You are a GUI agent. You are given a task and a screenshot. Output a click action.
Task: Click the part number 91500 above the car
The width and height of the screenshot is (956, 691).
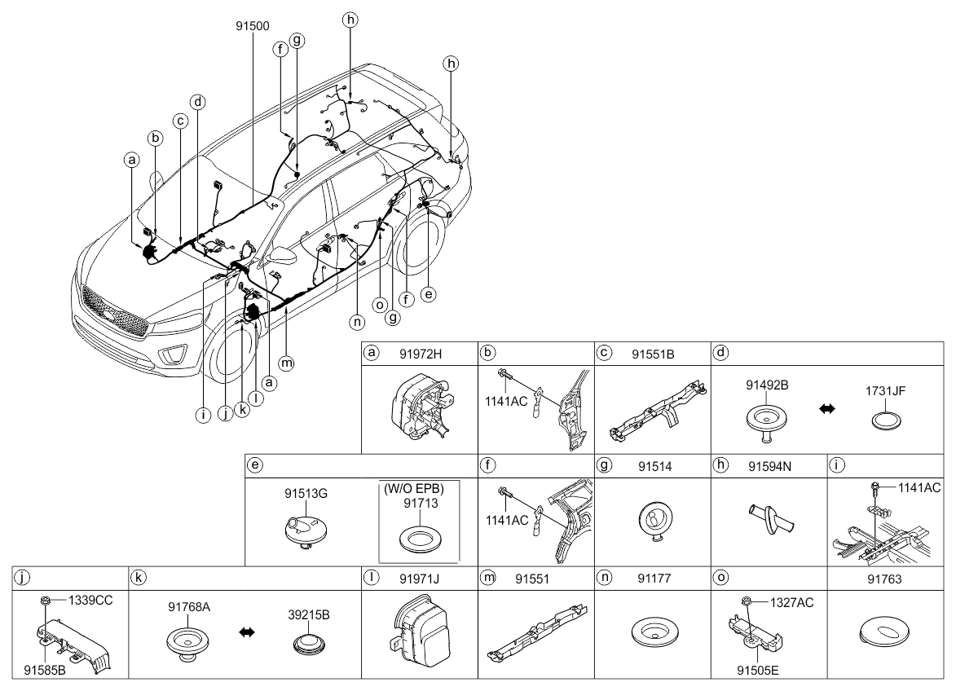pyautogui.click(x=253, y=26)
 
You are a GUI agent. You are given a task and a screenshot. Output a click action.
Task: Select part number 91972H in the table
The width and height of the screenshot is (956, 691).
pyautogui.click(x=421, y=354)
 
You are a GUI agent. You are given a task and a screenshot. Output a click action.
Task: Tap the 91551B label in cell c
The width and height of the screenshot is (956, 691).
pyautogui.click(x=653, y=354)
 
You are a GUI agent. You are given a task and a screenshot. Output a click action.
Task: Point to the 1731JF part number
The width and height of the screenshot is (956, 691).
pyautogui.click(x=885, y=390)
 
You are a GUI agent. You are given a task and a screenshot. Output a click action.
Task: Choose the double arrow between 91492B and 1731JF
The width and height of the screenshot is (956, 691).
pyautogui.click(x=826, y=409)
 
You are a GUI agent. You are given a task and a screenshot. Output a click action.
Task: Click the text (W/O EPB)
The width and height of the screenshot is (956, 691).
pyautogui.click(x=413, y=489)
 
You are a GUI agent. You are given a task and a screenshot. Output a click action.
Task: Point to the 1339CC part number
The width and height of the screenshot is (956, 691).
pyautogui.click(x=90, y=601)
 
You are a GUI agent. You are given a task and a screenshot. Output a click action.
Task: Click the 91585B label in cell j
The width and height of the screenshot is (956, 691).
pyautogui.click(x=45, y=671)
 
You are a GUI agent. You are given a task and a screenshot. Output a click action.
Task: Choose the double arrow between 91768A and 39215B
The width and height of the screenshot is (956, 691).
pyautogui.click(x=246, y=632)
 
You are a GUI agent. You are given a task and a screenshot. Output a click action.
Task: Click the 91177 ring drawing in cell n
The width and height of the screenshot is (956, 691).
pyautogui.click(x=654, y=632)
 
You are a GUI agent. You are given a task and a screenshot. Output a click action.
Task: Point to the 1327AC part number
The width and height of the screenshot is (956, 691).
pyautogui.click(x=791, y=603)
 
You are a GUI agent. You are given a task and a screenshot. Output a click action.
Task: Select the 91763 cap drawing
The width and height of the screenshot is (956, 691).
pyautogui.click(x=884, y=632)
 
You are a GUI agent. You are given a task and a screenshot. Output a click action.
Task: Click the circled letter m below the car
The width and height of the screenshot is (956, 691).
pyautogui.click(x=286, y=363)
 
